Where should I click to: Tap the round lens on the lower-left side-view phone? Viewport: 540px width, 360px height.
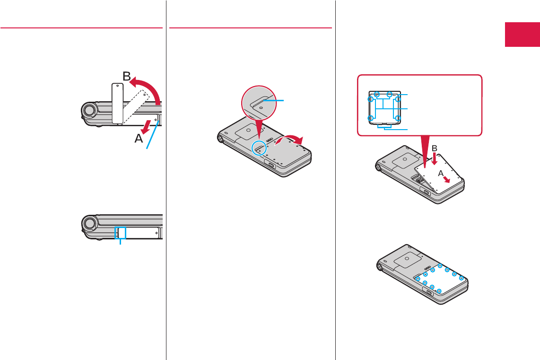89,223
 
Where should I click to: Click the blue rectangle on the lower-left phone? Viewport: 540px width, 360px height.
122,232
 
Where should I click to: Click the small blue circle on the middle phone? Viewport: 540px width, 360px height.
259,148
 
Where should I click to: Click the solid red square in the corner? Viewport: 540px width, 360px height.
522,35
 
